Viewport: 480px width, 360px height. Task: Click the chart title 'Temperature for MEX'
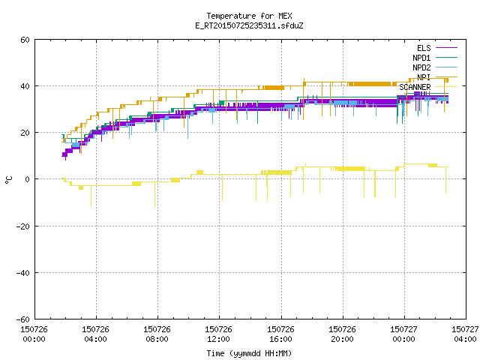tap(249, 16)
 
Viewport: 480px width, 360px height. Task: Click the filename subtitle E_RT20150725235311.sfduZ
tap(249, 25)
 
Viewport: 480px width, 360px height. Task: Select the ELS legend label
tap(424, 48)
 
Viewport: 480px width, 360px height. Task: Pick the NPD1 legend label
tap(421, 58)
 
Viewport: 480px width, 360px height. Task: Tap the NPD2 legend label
tap(421, 67)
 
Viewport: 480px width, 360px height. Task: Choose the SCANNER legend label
tap(415, 87)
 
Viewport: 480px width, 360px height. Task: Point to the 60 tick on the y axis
tap(25, 40)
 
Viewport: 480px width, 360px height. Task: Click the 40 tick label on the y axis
tap(25, 86)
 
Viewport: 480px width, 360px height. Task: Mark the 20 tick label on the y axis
tap(25, 133)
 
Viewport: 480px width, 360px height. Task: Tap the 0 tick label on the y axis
tap(28, 179)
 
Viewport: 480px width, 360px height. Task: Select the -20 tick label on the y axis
tap(23, 226)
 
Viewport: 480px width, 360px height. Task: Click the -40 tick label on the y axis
tap(23, 273)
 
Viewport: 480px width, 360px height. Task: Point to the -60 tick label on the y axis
tap(23, 319)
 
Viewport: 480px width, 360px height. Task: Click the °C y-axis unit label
tap(9, 180)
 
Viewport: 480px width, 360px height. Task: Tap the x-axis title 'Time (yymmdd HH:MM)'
tap(249, 353)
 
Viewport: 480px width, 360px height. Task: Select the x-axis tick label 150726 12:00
tap(218, 334)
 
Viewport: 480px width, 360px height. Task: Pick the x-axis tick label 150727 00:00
tap(403, 334)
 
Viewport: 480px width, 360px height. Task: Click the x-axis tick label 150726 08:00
tap(157, 334)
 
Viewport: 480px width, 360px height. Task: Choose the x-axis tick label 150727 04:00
tap(465, 334)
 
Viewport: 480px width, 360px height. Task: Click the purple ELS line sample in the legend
tap(446, 48)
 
